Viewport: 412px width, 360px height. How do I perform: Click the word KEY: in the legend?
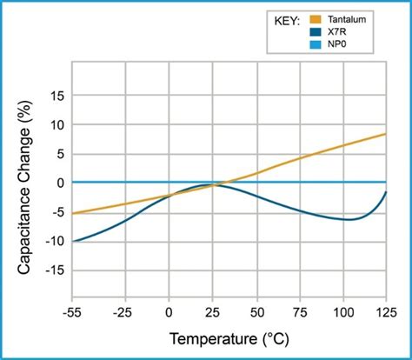(x=284, y=18)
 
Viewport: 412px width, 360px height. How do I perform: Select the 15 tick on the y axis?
(x=56, y=96)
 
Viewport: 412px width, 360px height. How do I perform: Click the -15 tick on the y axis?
(x=53, y=270)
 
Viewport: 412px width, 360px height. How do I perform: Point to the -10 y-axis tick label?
(x=53, y=241)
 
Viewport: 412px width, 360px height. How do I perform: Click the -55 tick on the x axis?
(x=73, y=311)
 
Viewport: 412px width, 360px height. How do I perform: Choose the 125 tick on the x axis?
(x=385, y=311)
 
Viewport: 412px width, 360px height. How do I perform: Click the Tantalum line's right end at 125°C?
(x=385, y=134)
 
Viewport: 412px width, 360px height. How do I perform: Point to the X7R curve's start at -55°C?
(x=74, y=241)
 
